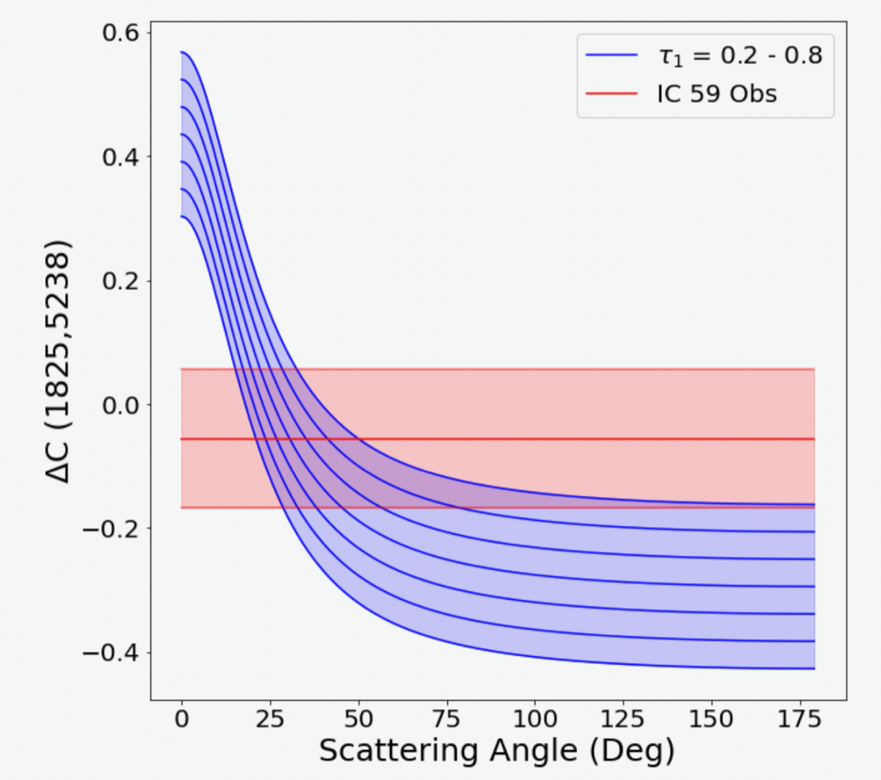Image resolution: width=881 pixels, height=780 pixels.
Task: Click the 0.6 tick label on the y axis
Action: point(120,33)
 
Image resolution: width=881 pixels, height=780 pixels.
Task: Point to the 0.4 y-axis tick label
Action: point(120,157)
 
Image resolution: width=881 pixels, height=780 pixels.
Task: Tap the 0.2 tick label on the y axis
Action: point(120,282)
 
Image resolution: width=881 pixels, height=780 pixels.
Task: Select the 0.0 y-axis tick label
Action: point(120,405)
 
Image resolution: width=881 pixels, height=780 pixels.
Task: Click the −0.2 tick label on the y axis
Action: point(112,529)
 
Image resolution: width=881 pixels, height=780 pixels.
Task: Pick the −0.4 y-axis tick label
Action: point(112,653)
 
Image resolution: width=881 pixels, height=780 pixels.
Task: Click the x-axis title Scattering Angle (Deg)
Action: point(496,752)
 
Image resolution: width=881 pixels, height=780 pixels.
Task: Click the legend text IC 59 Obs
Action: point(716,94)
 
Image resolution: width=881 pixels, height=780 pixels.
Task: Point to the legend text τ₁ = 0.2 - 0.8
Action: point(739,56)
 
